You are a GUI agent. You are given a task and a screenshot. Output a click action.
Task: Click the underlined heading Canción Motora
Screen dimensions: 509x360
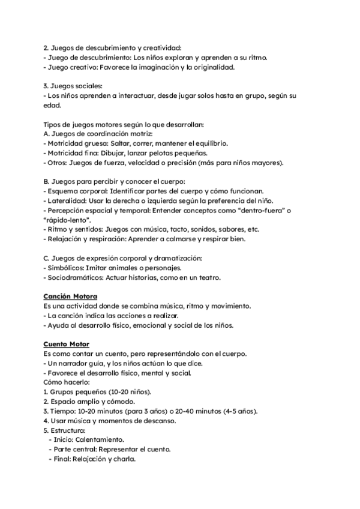[71, 297]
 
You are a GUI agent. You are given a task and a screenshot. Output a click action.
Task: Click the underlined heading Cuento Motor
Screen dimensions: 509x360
[67, 343]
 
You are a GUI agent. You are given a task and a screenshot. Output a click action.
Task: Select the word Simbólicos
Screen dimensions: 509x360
[67, 268]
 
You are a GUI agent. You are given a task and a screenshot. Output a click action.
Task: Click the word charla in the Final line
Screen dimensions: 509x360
[124, 459]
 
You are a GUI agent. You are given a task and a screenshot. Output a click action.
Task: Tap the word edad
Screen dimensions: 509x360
[53, 106]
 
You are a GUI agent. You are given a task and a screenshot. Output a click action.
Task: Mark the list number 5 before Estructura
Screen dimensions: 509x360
[46, 430]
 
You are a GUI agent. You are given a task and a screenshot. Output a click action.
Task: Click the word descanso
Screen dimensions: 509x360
[158, 420]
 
